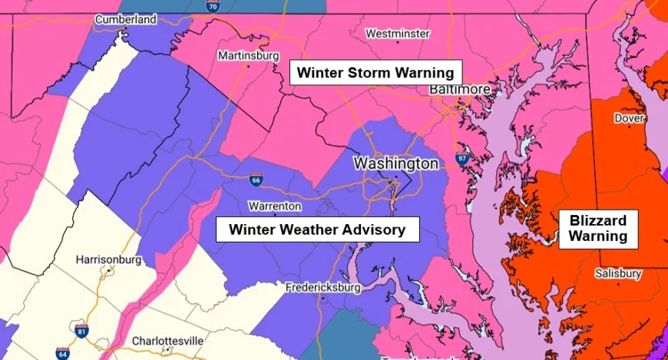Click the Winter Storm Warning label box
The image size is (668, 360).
[x=375, y=73]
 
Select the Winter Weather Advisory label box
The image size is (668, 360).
[x=316, y=229]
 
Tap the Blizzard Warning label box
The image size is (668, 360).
[x=598, y=228]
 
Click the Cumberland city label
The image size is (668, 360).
[x=125, y=18]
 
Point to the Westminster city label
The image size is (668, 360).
[x=397, y=34]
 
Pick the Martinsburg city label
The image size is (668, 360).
[x=246, y=56]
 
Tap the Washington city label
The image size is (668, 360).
[x=395, y=163]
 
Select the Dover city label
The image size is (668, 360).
[x=629, y=118]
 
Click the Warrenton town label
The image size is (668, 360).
[x=275, y=206]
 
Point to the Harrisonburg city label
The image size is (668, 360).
[x=108, y=259]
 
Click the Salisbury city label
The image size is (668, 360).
[x=618, y=273]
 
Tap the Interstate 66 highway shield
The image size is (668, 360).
[x=255, y=179]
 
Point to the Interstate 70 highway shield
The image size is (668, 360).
[x=212, y=5]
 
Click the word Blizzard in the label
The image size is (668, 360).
[x=598, y=220]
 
